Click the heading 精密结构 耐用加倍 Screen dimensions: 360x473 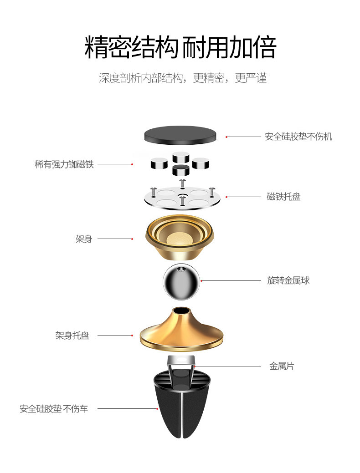180,47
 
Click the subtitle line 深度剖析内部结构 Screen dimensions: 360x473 182,78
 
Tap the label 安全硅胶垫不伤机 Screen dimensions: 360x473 298,137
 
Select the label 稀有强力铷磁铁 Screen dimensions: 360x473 64,164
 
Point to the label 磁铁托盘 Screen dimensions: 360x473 283,197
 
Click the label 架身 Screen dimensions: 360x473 84,239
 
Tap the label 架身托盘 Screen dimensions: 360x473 72,336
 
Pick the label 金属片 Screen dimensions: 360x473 282,366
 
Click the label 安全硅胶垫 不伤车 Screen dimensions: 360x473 54,408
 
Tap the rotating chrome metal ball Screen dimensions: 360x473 181,282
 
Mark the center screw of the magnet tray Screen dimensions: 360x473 182,198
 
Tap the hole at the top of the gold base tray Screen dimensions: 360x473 182,311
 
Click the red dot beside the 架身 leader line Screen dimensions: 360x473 132,239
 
